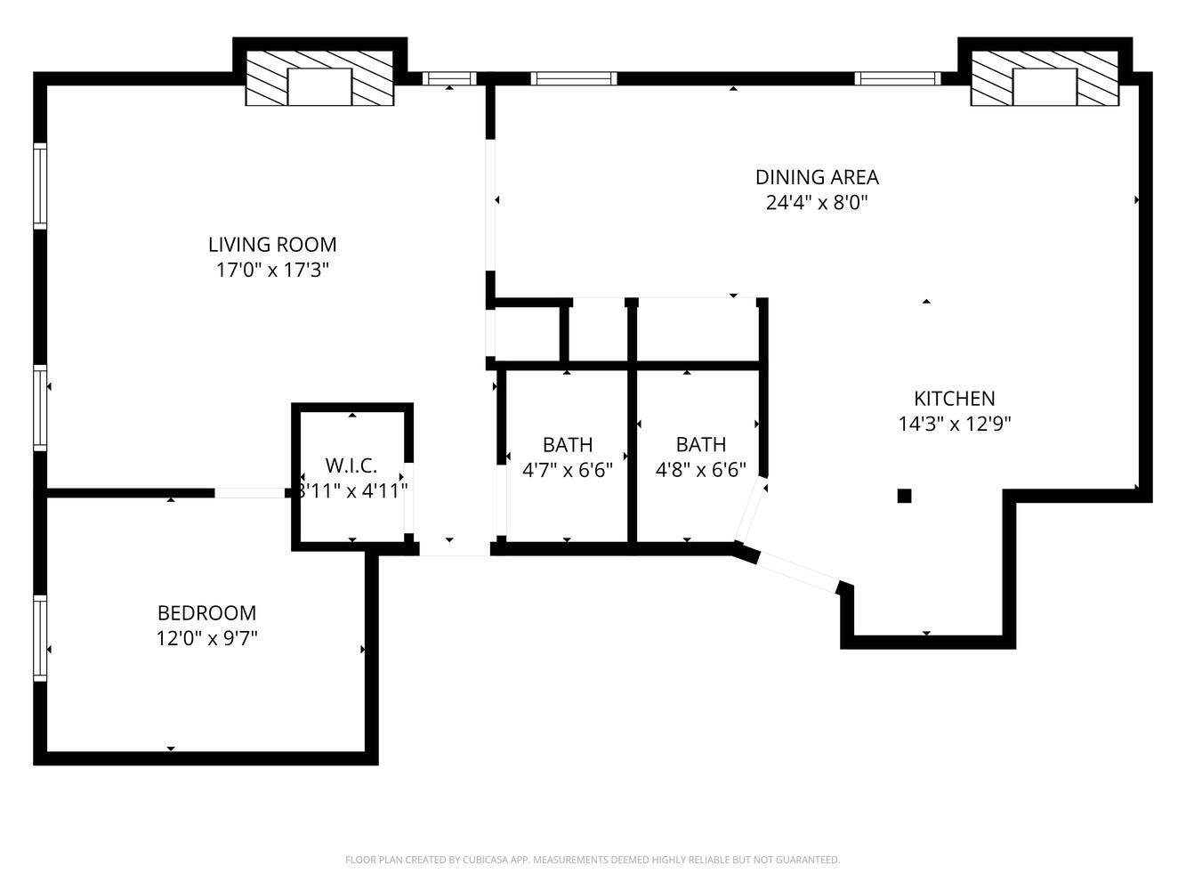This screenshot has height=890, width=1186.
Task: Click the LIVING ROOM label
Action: click(x=272, y=245)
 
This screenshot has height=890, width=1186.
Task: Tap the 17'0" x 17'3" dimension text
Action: click(x=272, y=270)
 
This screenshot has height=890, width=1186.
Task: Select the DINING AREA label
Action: click(x=817, y=177)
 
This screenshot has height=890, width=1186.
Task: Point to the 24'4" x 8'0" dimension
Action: click(x=817, y=202)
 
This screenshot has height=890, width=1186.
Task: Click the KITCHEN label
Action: click(x=954, y=399)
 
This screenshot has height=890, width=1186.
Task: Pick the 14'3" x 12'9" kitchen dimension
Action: click(x=954, y=424)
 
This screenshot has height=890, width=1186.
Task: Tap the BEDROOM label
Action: click(x=206, y=613)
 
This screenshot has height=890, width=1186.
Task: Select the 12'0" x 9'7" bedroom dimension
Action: click(x=206, y=638)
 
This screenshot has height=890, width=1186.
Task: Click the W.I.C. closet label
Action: click(x=351, y=465)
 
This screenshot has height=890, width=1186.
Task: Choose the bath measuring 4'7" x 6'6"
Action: click(x=568, y=457)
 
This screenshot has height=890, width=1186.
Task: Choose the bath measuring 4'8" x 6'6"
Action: click(x=701, y=457)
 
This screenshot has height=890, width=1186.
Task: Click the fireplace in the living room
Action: click(x=319, y=79)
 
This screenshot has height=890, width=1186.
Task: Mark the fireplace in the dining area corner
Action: click(x=1045, y=79)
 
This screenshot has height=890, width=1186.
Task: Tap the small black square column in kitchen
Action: click(x=904, y=496)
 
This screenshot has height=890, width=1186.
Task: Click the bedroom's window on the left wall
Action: click(x=40, y=638)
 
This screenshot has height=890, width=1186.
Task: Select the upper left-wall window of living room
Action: click(x=40, y=185)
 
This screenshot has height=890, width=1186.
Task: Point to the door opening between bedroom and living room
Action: click(x=250, y=493)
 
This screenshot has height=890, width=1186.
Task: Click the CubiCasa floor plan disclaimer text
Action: click(x=593, y=860)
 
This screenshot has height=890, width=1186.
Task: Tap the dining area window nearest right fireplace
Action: click(x=898, y=78)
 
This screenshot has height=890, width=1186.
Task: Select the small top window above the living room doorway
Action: click(x=449, y=78)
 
